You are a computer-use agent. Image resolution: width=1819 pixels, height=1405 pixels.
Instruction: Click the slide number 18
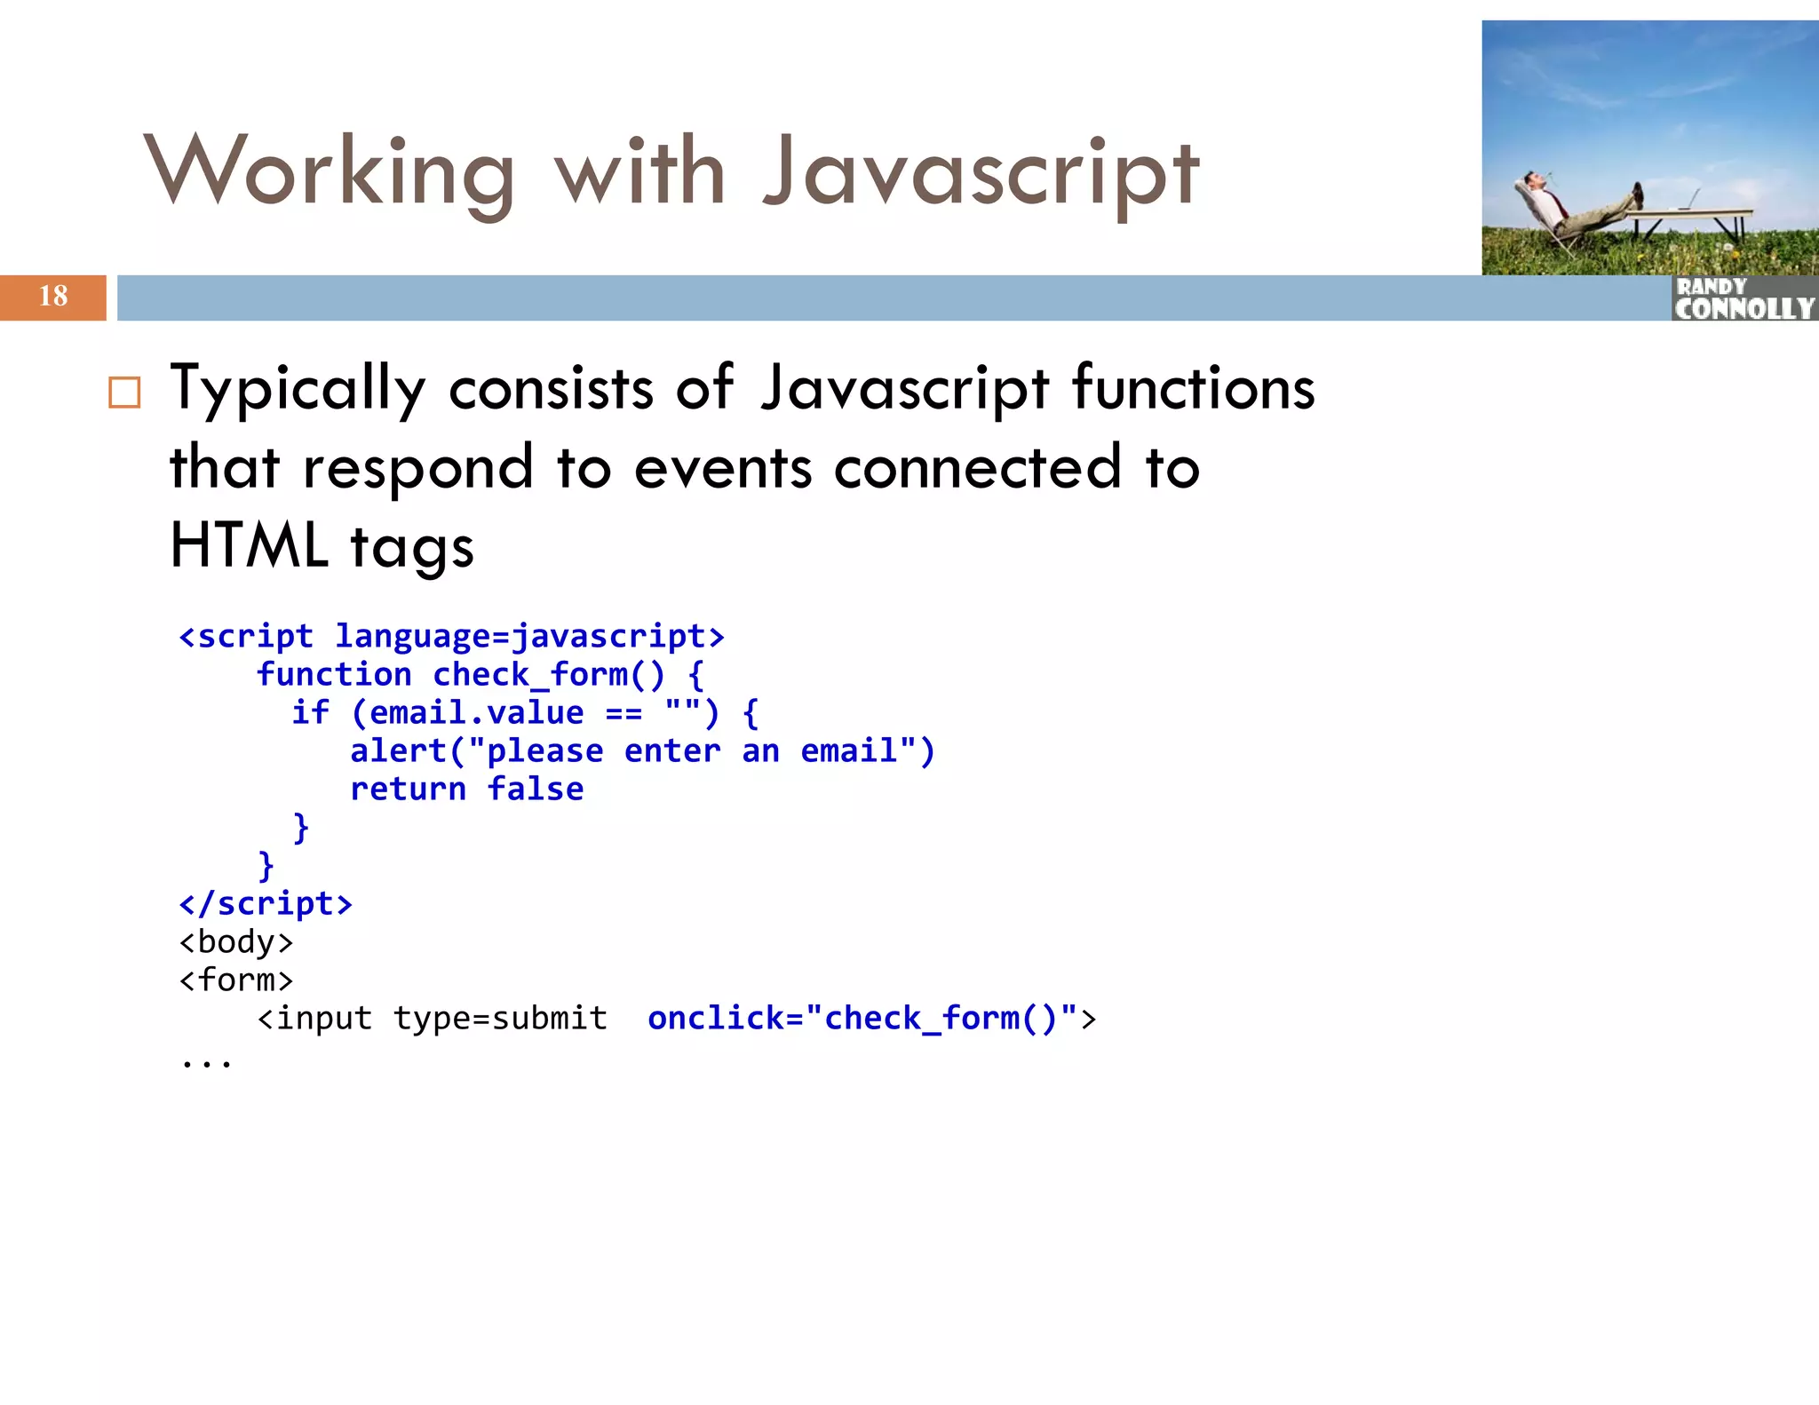click(x=53, y=296)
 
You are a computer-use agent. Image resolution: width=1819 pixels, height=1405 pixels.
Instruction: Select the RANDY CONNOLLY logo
click(x=1744, y=299)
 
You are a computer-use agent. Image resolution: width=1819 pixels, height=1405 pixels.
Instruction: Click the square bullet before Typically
click(x=124, y=393)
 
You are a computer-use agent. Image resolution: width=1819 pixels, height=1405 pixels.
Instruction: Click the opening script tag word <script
click(x=246, y=637)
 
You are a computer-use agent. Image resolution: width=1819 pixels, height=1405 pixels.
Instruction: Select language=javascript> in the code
click(x=529, y=637)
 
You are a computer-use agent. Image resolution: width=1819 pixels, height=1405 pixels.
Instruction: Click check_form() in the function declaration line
click(x=548, y=675)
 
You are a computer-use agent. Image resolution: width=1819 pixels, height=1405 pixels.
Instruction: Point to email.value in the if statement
click(x=476, y=713)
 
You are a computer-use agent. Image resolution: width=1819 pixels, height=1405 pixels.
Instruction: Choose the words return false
click(x=466, y=790)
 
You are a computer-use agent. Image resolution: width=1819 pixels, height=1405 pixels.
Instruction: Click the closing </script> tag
click(x=266, y=904)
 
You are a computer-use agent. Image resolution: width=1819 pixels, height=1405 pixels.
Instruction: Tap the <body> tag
click(x=235, y=942)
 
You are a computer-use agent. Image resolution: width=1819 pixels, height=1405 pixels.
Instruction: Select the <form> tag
click(x=235, y=980)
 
